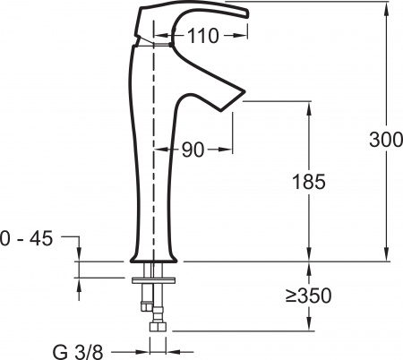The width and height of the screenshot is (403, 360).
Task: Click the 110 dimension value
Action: [205, 38]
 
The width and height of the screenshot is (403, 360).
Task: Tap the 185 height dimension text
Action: [308, 182]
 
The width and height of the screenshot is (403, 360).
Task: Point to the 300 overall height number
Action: [385, 140]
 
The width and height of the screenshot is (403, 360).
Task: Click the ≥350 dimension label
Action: [307, 295]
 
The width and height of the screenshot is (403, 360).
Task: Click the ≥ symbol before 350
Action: [292, 295]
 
